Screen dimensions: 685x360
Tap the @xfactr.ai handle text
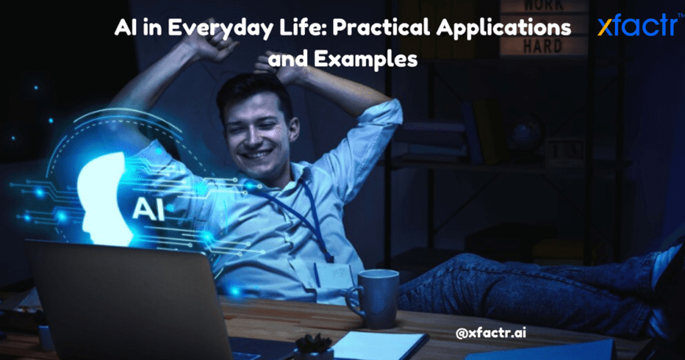click(x=491, y=333)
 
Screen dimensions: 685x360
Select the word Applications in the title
click(x=503, y=28)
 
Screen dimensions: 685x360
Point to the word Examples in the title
click(x=365, y=59)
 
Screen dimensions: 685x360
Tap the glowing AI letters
click(x=149, y=209)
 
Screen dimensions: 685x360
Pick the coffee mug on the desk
click(x=373, y=299)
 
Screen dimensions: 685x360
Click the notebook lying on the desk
click(x=380, y=346)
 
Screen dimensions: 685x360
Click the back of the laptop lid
click(x=127, y=302)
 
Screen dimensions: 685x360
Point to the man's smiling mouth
click(x=258, y=154)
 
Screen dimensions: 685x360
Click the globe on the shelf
click(x=524, y=135)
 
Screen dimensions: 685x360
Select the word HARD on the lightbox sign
click(x=542, y=46)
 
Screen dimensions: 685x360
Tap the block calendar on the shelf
click(x=565, y=151)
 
